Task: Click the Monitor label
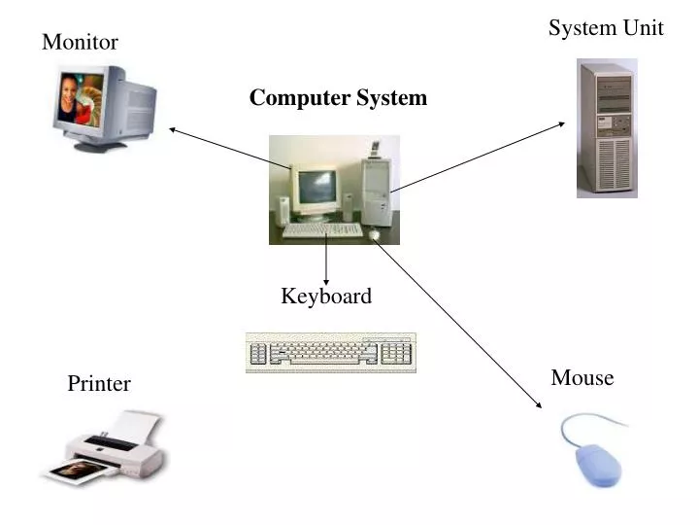click(x=80, y=43)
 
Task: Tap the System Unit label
click(x=606, y=28)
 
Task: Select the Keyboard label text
click(x=326, y=297)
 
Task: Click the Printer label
click(x=98, y=384)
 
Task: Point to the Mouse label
click(x=582, y=378)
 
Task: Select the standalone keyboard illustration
click(x=330, y=353)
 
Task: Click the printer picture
click(x=105, y=447)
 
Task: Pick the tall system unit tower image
click(x=607, y=128)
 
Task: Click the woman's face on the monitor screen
click(x=70, y=98)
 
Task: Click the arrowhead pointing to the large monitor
click(x=173, y=127)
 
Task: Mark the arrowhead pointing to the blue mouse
click(x=537, y=404)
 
